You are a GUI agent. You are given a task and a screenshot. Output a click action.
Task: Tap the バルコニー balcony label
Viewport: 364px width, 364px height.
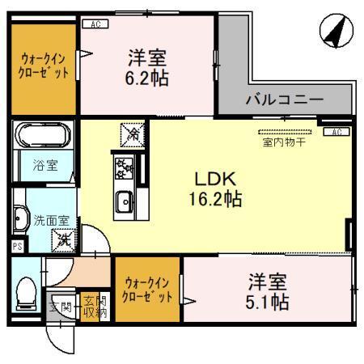(x=285, y=99)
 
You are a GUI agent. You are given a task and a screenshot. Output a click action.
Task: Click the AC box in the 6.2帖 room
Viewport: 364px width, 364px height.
(x=96, y=25)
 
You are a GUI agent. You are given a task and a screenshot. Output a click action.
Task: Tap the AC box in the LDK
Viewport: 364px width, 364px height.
(x=336, y=132)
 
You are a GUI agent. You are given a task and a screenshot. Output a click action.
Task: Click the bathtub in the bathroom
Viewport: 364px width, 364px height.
(x=44, y=134)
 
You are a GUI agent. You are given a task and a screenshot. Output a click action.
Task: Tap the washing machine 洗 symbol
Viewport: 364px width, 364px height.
(x=62, y=239)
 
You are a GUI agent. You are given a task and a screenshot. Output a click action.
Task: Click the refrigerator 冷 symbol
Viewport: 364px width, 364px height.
(x=129, y=132)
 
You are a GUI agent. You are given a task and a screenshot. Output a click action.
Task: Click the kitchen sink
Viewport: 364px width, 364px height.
(x=125, y=201)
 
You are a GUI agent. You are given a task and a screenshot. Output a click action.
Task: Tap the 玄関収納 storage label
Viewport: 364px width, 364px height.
(x=91, y=306)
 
